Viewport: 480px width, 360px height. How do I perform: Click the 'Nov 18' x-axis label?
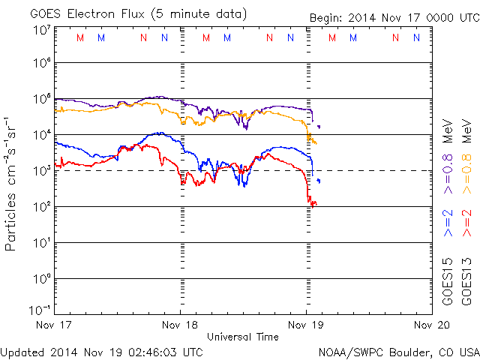coord(181,325)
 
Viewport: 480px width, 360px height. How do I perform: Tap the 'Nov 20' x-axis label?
coord(432,325)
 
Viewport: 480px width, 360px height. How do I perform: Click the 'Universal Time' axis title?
coord(242,337)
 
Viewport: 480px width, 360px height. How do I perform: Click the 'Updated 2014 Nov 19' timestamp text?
coord(102,351)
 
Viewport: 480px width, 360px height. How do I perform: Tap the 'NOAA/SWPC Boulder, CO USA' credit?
coord(397,351)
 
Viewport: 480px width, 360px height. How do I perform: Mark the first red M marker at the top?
coord(81,37)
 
